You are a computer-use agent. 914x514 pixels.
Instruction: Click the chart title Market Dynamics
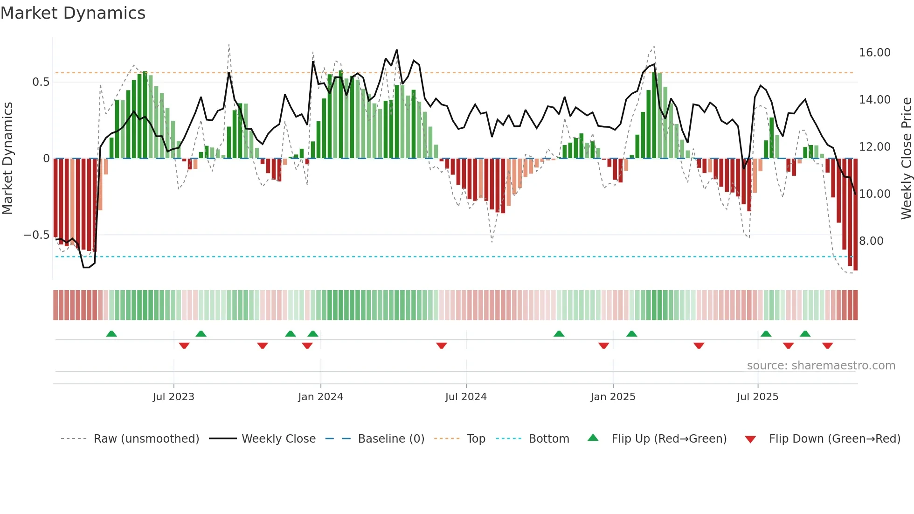(73, 13)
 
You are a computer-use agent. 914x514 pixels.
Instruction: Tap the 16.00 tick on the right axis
(874, 53)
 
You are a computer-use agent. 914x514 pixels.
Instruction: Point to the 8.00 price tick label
(871, 241)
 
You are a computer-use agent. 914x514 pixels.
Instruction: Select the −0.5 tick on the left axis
(36, 235)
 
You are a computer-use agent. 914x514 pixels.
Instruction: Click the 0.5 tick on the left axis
(41, 82)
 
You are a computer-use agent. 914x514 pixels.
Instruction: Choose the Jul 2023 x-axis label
(173, 397)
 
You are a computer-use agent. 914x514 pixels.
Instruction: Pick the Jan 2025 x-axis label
(613, 397)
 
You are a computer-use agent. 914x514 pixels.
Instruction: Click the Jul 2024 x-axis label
(466, 397)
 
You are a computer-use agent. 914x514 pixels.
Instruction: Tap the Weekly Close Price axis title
(906, 159)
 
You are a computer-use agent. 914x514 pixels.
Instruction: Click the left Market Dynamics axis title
(7, 159)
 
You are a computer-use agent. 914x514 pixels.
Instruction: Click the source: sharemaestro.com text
(821, 366)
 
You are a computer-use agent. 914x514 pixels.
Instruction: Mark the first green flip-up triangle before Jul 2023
(111, 333)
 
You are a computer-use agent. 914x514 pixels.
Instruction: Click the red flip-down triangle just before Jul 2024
(442, 346)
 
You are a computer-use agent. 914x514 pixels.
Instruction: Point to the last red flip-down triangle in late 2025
(828, 346)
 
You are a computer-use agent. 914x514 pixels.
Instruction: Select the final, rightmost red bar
(855, 215)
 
